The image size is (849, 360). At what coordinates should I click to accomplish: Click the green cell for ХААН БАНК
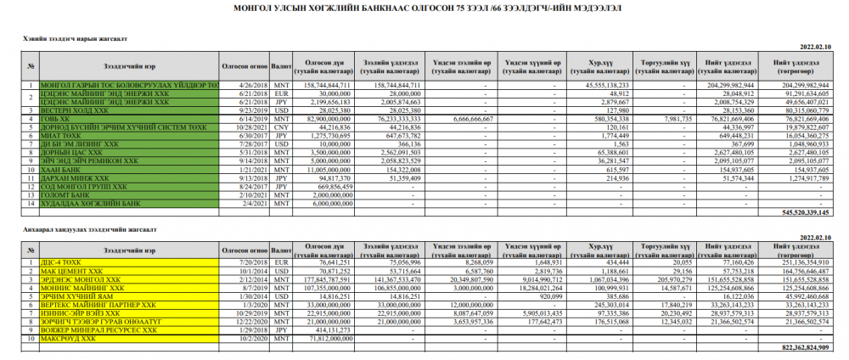(127, 170)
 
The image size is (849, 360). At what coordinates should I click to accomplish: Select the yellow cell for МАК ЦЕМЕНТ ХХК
(127, 271)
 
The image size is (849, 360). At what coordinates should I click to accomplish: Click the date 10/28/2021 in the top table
(245, 127)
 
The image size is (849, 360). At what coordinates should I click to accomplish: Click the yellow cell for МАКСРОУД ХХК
(127, 338)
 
